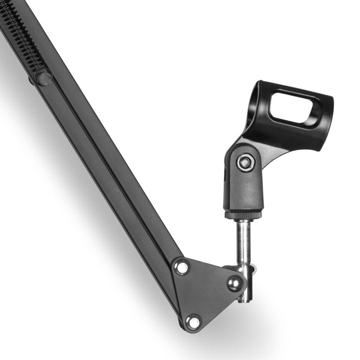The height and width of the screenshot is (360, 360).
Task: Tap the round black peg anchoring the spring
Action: [43, 77]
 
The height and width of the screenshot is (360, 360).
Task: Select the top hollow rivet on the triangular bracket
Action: [181, 267]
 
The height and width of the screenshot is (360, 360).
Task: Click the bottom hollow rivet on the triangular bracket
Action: [193, 321]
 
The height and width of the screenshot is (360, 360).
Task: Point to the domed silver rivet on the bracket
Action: [233, 283]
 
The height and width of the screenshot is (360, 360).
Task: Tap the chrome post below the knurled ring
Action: [243, 240]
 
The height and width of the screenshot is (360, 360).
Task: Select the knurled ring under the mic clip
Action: [243, 215]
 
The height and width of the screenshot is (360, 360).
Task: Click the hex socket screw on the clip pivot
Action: [245, 162]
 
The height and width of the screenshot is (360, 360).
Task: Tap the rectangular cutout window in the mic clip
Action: [295, 107]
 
